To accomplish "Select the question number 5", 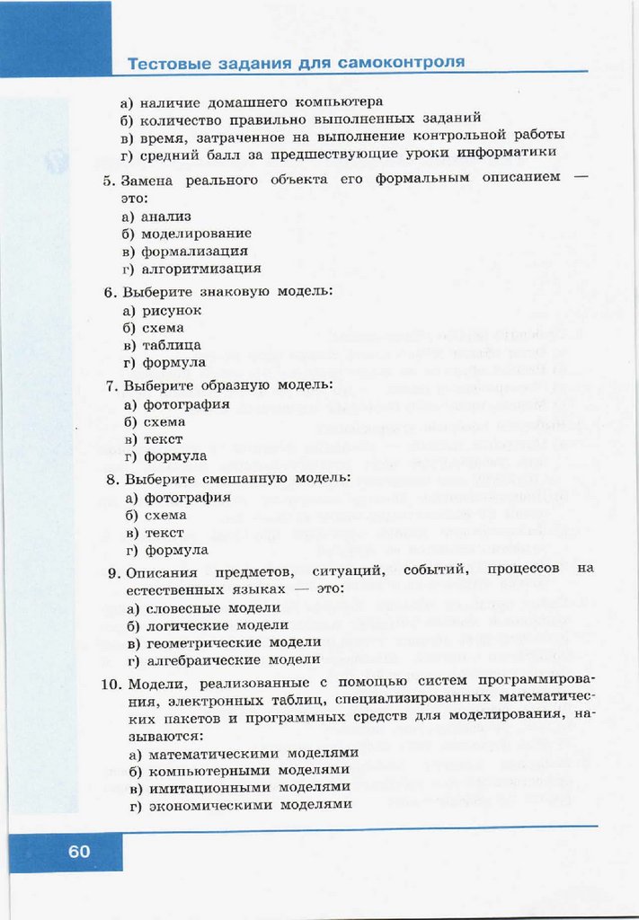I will [x=109, y=181].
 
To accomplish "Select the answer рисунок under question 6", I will [x=172, y=311].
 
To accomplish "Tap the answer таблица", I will [x=171, y=345].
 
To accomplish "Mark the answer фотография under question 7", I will [x=185, y=404].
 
